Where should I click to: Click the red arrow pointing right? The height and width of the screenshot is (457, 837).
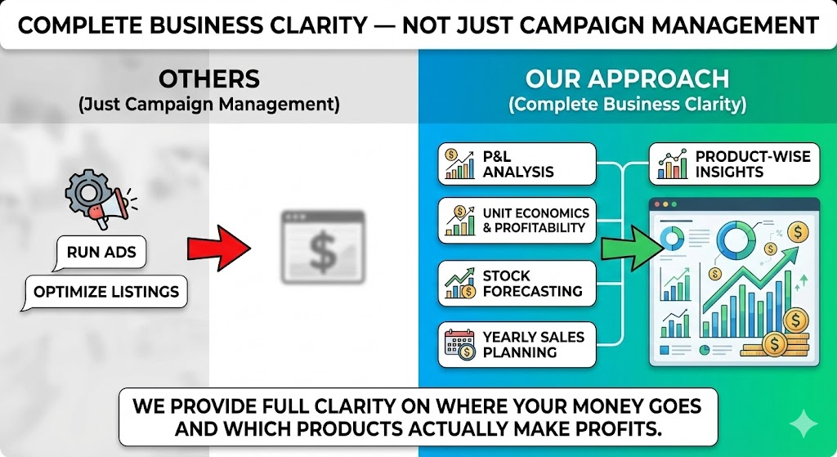click(x=219, y=249)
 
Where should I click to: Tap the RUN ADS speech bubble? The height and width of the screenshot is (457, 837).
click(x=101, y=252)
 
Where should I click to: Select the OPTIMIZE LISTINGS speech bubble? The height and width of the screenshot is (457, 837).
click(x=105, y=292)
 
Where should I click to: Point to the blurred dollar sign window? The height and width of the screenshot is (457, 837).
click(x=323, y=247)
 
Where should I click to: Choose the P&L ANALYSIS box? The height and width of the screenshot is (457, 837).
click(x=517, y=164)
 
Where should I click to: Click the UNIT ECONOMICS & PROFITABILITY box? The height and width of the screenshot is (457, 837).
click(x=517, y=221)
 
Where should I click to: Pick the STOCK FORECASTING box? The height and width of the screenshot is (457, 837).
click(x=517, y=284)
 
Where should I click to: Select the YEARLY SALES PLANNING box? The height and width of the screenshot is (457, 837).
click(x=517, y=344)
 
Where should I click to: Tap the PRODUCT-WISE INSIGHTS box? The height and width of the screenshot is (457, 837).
click(x=734, y=164)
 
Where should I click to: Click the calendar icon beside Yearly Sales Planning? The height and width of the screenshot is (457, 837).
click(x=459, y=344)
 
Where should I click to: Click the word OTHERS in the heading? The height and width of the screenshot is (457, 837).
click(x=209, y=79)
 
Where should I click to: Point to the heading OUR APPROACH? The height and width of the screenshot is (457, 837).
click(x=627, y=79)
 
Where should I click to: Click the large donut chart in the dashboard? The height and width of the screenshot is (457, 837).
click(x=736, y=240)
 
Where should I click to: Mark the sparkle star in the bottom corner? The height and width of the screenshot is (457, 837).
click(x=803, y=423)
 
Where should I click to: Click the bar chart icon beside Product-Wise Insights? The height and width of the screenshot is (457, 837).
click(x=673, y=164)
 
